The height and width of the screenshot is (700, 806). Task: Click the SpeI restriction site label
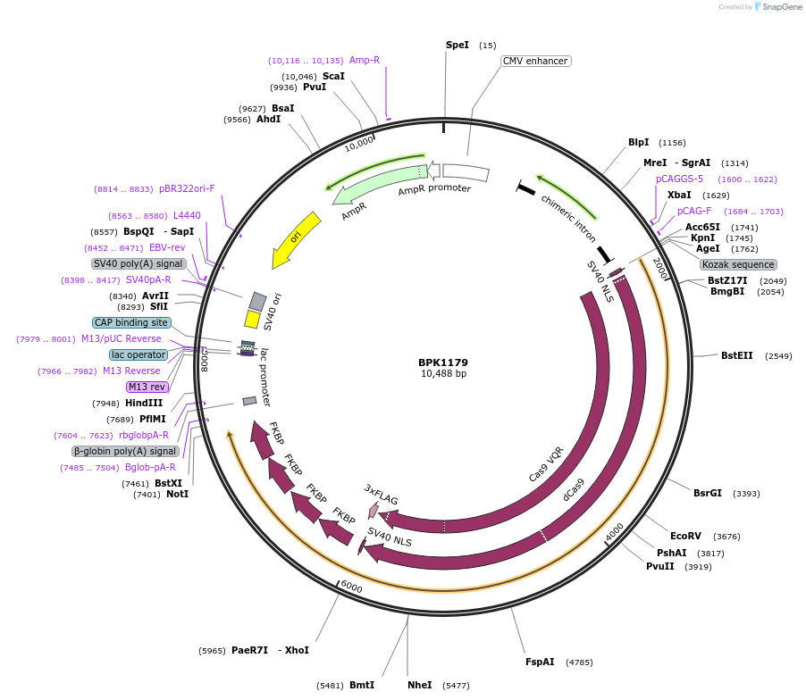click(x=457, y=45)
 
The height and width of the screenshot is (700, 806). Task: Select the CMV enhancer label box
click(x=535, y=62)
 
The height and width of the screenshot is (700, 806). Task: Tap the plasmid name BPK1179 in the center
click(x=443, y=362)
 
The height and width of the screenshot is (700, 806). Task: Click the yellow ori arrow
click(x=296, y=239)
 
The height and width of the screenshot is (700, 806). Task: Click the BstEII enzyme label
click(x=736, y=355)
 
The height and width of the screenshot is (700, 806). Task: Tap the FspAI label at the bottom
click(x=540, y=662)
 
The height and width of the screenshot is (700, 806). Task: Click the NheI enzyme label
click(x=419, y=685)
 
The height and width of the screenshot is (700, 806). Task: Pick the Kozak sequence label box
click(x=738, y=264)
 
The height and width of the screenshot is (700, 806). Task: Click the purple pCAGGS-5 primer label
click(x=679, y=179)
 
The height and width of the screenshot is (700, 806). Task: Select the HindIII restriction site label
click(x=144, y=403)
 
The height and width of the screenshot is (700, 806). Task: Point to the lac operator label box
click(x=139, y=354)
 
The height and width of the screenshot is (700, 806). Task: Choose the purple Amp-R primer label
click(x=365, y=61)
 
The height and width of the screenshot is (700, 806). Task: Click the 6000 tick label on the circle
click(x=351, y=587)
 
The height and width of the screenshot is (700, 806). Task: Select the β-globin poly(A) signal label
click(x=125, y=451)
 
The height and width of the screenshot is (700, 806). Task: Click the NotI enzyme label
click(x=178, y=494)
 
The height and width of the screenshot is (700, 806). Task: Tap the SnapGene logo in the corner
click(x=777, y=7)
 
